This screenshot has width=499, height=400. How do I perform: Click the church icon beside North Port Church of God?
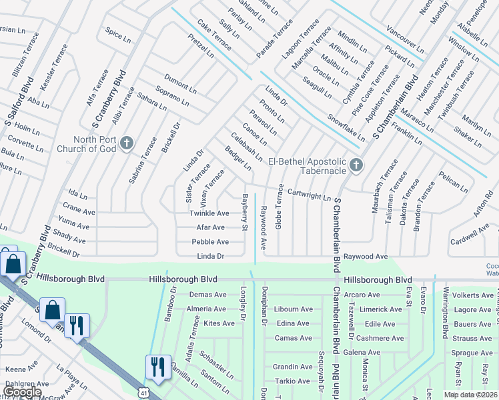(126, 143)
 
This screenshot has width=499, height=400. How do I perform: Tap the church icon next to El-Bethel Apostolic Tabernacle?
(356, 165)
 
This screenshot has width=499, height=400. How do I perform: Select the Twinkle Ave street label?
(209, 213)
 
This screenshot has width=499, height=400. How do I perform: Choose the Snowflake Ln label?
(346, 127)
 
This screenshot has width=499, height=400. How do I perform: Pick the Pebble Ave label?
(210, 242)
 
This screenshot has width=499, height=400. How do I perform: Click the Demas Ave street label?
(208, 295)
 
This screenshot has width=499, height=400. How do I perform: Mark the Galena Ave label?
(362, 352)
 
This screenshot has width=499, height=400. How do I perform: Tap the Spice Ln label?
(118, 36)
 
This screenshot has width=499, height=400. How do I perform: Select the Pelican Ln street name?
(454, 180)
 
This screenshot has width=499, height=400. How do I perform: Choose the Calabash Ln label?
(246, 148)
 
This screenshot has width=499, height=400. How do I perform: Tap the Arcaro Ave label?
(362, 295)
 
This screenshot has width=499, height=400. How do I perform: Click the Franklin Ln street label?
(407, 134)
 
